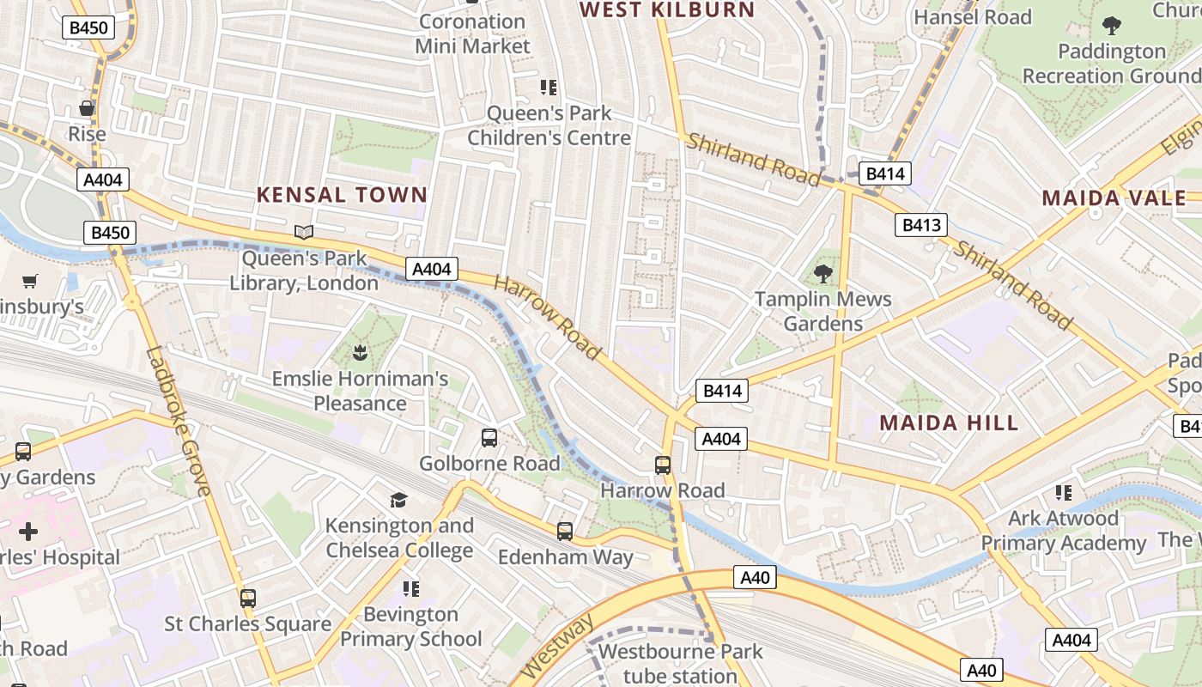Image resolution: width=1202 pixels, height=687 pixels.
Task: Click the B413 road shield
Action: pyautogui.click(x=921, y=225)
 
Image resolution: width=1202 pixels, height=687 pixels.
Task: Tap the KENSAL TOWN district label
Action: pyautogui.click(x=342, y=195)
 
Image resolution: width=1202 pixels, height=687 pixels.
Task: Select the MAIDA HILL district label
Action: pyautogui.click(x=949, y=423)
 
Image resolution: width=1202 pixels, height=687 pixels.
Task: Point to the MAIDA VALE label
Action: pyautogui.click(x=1114, y=198)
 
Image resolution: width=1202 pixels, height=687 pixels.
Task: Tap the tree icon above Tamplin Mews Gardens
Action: pyautogui.click(x=823, y=274)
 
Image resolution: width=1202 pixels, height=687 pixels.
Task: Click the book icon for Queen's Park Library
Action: pyautogui.click(x=304, y=232)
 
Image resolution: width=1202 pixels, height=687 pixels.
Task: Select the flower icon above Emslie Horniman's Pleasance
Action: pyautogui.click(x=360, y=352)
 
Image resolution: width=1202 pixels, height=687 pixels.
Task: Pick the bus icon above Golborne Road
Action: pyautogui.click(x=489, y=438)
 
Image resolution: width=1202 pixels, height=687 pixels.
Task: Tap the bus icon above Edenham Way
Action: pyautogui.click(x=565, y=532)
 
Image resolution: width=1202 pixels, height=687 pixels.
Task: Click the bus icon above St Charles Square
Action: pyautogui.click(x=248, y=599)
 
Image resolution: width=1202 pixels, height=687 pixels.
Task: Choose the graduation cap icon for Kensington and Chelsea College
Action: pyautogui.click(x=398, y=500)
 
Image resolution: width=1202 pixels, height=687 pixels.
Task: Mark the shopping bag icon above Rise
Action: pyautogui.click(x=87, y=108)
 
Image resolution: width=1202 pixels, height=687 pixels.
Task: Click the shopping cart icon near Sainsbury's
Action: pyautogui.click(x=30, y=281)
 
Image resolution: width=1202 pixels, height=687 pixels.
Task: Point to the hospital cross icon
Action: pyautogui.click(x=28, y=532)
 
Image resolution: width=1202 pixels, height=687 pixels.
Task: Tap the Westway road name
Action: pyautogui.click(x=558, y=645)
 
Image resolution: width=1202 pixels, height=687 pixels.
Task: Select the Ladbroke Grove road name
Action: pyautogui.click(x=179, y=421)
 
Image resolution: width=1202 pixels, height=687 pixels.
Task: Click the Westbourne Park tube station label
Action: pyautogui.click(x=680, y=664)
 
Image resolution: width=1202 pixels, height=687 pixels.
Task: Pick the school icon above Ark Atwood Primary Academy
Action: pyautogui.click(x=1064, y=493)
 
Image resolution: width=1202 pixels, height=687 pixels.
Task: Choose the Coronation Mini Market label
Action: pyautogui.click(x=472, y=33)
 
